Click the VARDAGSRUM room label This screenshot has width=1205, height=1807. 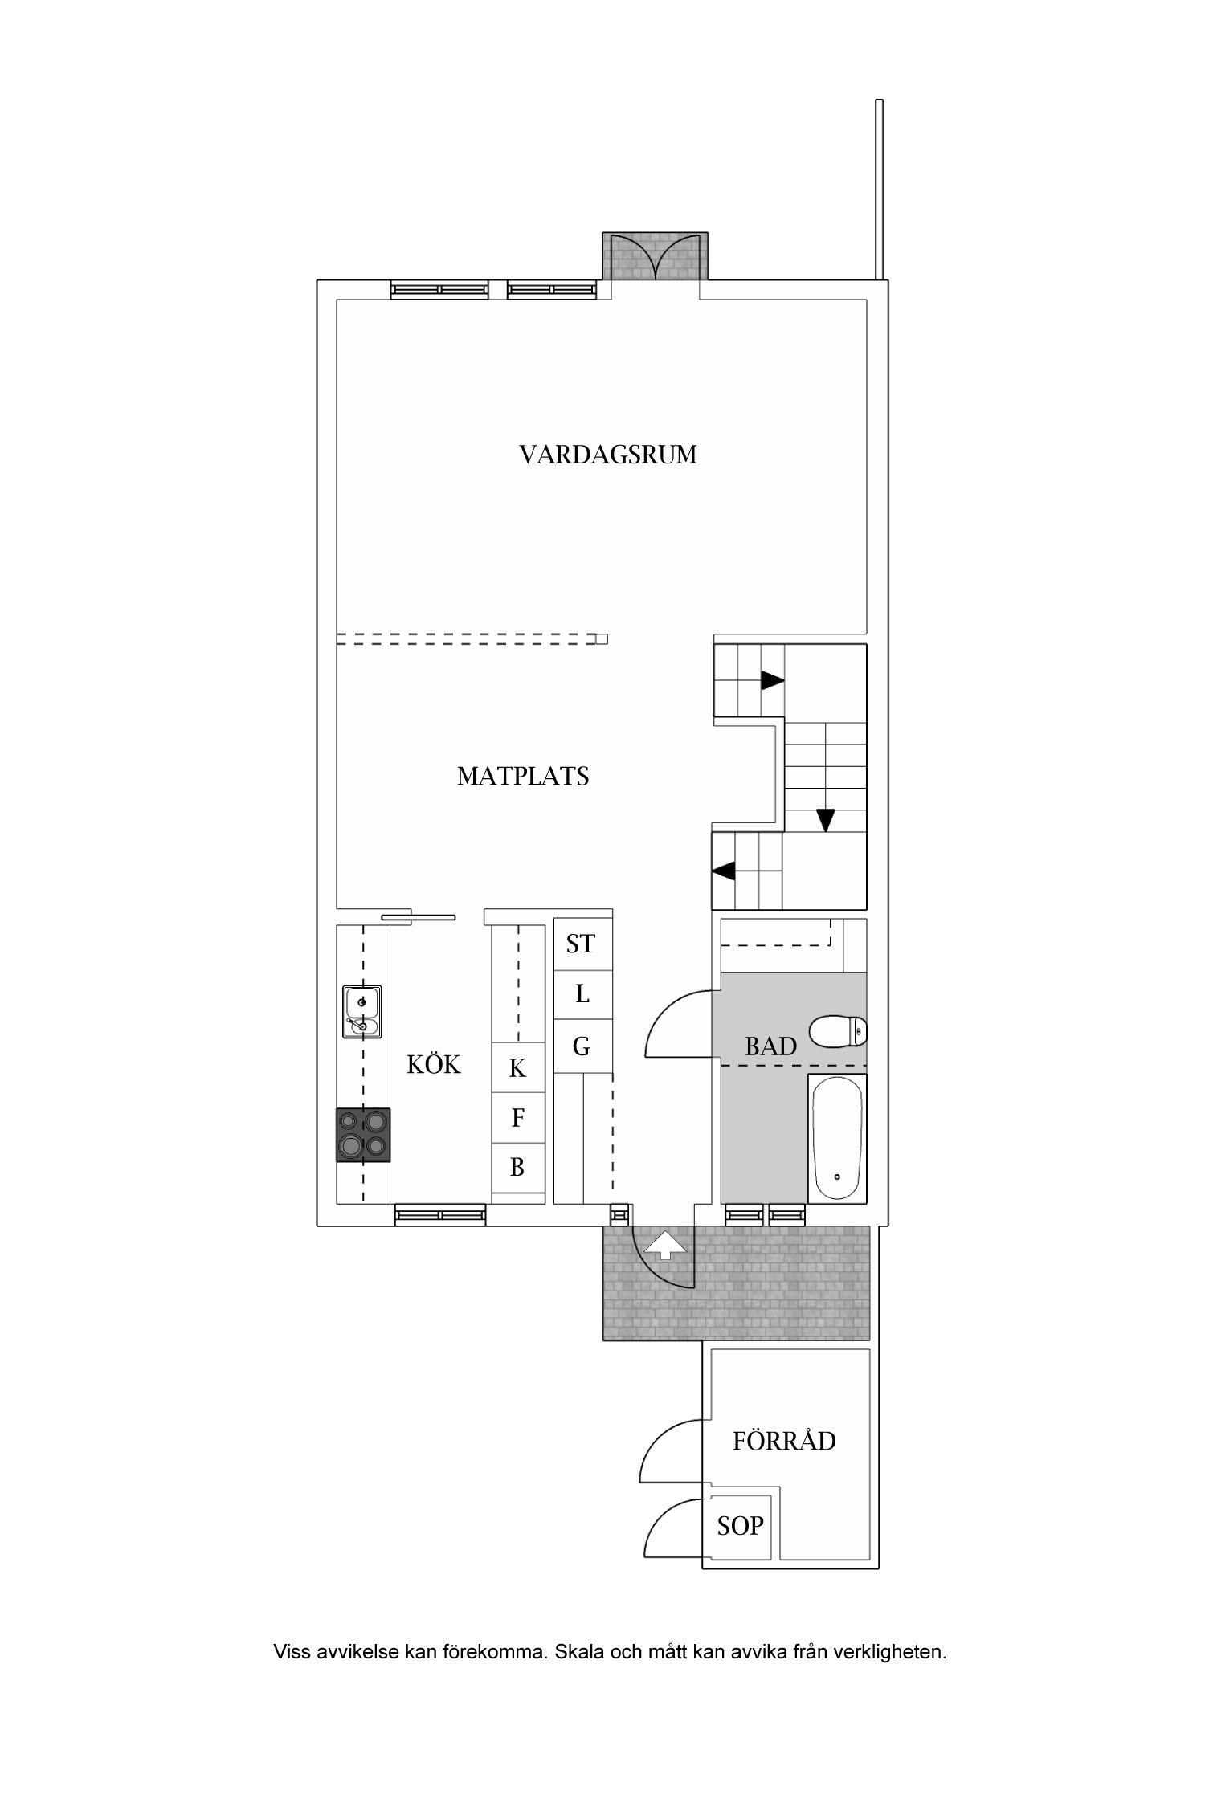[x=607, y=455]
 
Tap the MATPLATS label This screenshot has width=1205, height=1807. [x=523, y=776]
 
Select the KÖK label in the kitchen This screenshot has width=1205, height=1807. [x=434, y=1065]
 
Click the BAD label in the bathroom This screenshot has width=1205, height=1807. [x=770, y=1046]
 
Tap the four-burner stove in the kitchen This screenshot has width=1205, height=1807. [x=363, y=1135]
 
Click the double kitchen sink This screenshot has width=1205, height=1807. [x=361, y=1012]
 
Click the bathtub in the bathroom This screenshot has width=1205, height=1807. [x=837, y=1139]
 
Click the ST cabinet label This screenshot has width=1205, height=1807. [x=581, y=944]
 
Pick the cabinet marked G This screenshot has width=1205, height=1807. [x=581, y=1046]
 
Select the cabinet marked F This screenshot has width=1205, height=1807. [x=517, y=1117]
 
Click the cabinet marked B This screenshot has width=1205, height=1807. [x=517, y=1167]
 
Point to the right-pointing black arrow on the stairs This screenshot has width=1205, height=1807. [x=772, y=681]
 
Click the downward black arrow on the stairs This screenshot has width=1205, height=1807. [x=825, y=820]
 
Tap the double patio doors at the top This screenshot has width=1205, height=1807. [x=656, y=257]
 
